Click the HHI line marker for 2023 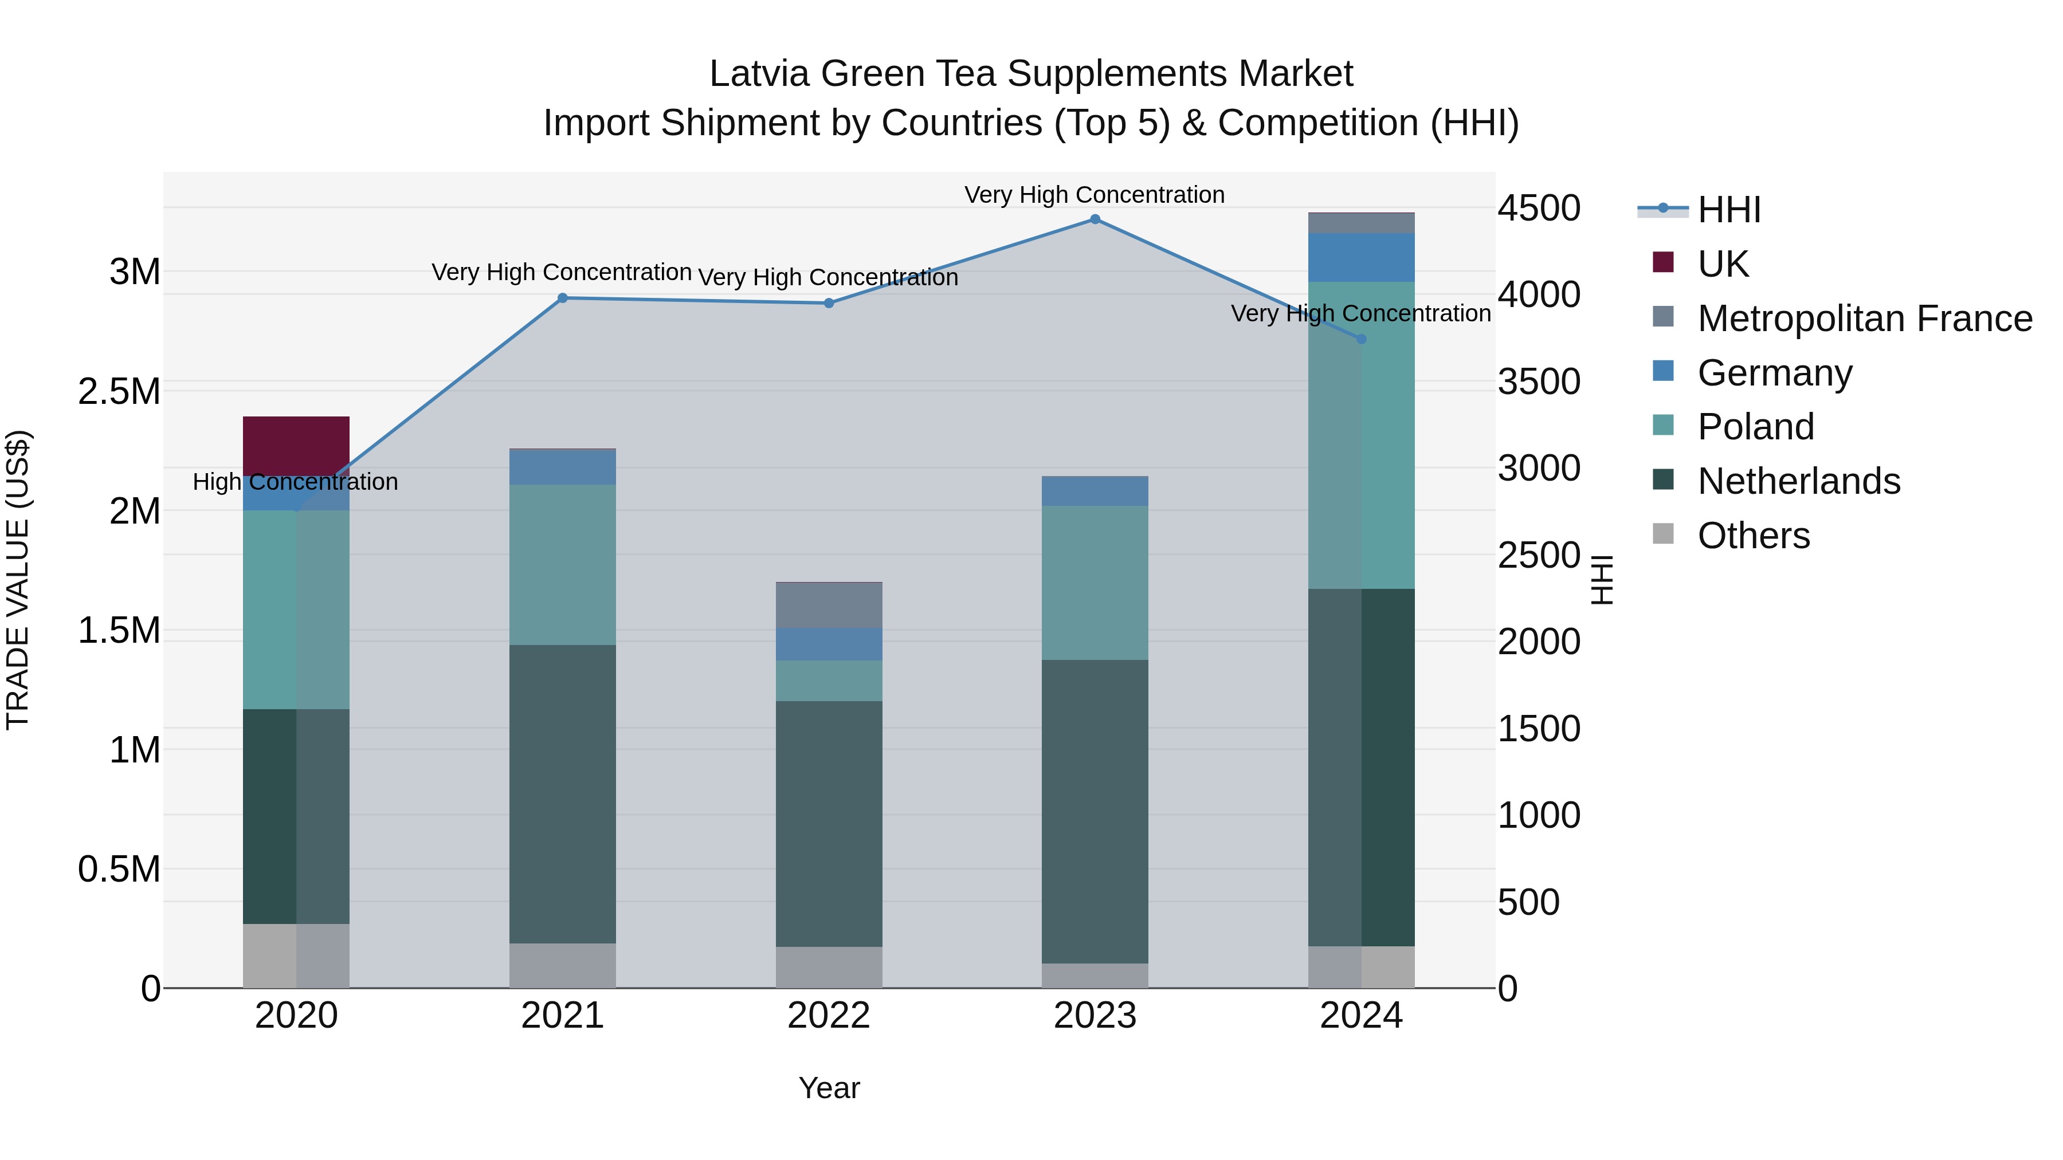tap(1095, 219)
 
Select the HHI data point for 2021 tap(562, 298)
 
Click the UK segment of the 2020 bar tap(296, 445)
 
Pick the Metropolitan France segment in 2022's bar tap(829, 605)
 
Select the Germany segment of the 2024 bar tap(1362, 257)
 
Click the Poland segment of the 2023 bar tap(1095, 583)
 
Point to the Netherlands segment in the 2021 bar tap(562, 793)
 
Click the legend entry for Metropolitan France tap(1864, 318)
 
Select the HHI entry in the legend tap(1728, 210)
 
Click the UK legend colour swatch tap(1664, 262)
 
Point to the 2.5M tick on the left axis tap(119, 391)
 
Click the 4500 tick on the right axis tap(1539, 208)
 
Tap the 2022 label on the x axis tap(829, 1016)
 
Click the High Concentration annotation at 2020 tap(296, 482)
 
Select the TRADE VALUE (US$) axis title tap(18, 580)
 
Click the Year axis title tap(829, 1088)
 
